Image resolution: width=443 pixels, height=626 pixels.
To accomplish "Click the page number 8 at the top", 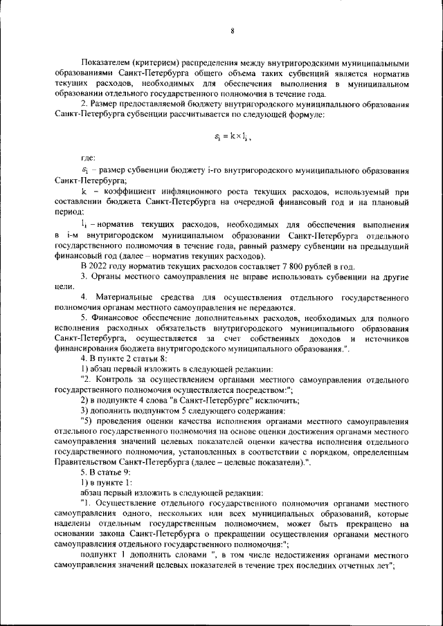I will (x=232, y=31).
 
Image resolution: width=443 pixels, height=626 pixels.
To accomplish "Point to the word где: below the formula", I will (x=89, y=159).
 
